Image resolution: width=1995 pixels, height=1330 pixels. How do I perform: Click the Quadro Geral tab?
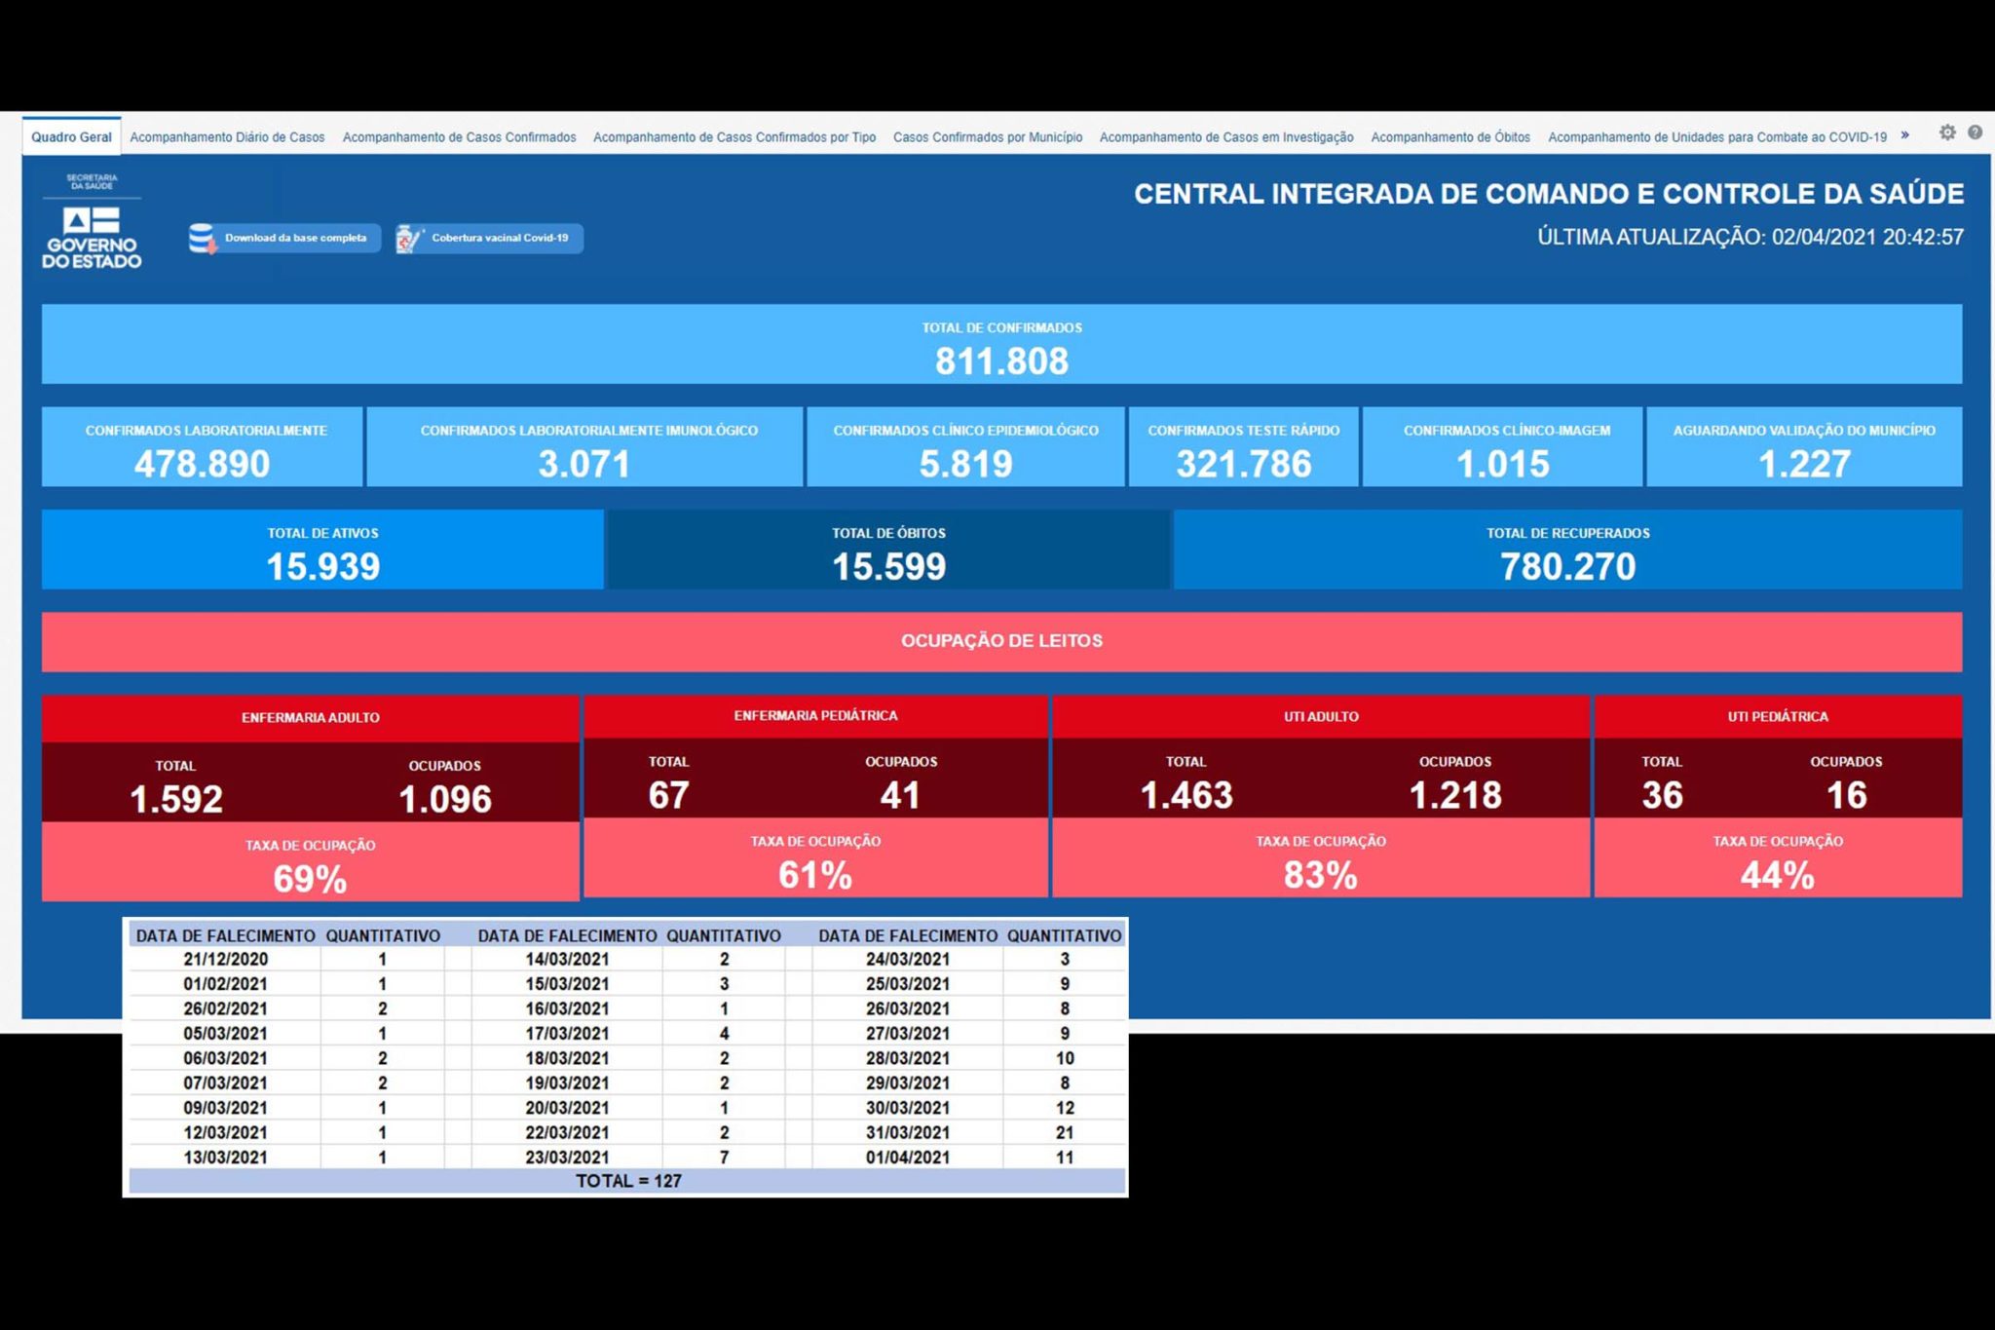(71, 137)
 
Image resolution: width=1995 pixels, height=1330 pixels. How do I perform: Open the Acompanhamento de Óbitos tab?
(1449, 137)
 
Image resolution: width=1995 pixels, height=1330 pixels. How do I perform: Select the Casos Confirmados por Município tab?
(988, 137)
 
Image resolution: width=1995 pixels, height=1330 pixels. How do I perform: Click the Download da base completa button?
(283, 238)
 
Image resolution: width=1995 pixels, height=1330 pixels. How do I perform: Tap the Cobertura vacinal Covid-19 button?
(489, 238)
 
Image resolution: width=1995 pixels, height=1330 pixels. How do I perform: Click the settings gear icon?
(1946, 133)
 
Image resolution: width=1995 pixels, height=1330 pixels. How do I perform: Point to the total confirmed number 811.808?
(1001, 361)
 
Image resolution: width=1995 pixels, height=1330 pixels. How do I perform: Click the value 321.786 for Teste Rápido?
(1243, 464)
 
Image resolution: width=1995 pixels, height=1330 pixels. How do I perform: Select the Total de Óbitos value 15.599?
(888, 567)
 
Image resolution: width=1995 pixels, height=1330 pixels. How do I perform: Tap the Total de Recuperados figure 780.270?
(1567, 567)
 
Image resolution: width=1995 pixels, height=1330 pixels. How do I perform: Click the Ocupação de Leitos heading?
(1001, 641)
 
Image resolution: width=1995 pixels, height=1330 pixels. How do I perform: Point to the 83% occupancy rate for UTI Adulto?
(1320, 876)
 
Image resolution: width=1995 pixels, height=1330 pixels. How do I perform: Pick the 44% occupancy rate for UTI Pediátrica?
(1777, 876)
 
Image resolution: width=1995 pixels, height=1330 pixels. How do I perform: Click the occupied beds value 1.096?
(445, 800)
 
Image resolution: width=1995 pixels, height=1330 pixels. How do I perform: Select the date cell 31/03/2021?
(908, 1133)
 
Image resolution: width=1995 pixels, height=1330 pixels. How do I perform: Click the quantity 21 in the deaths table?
(1065, 1133)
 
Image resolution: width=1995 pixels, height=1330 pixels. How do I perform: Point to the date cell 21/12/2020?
(225, 960)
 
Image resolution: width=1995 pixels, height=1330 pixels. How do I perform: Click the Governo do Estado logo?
(92, 222)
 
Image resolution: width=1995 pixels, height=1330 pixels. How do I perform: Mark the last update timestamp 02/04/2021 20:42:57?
(1867, 237)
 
